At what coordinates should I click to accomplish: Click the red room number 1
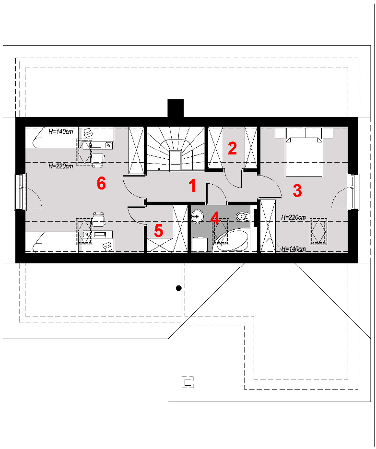pos(192,186)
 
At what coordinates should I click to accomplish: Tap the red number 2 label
pos(232,148)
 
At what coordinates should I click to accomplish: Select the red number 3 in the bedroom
pos(297,191)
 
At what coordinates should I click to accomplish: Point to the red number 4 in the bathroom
pos(215,218)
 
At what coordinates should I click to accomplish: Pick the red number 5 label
pos(158,231)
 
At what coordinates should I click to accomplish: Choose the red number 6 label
pos(101,183)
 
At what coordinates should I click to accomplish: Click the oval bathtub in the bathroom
pos(231,241)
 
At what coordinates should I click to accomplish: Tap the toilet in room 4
pos(243,216)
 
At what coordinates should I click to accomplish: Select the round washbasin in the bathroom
pos(197,216)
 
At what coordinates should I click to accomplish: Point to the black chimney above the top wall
pos(176,108)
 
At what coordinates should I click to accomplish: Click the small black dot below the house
pos(178,288)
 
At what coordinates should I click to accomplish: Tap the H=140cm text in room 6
pos(61,132)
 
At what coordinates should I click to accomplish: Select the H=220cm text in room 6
pos(61,166)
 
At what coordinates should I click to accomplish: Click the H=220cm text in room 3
pos(293,217)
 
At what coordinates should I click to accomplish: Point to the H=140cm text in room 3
pos(293,249)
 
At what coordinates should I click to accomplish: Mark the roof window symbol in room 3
pos(318,231)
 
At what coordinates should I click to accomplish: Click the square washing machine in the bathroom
pos(200,245)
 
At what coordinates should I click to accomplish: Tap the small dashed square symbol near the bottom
pos(188,382)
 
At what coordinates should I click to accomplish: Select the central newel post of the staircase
pos(175,158)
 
